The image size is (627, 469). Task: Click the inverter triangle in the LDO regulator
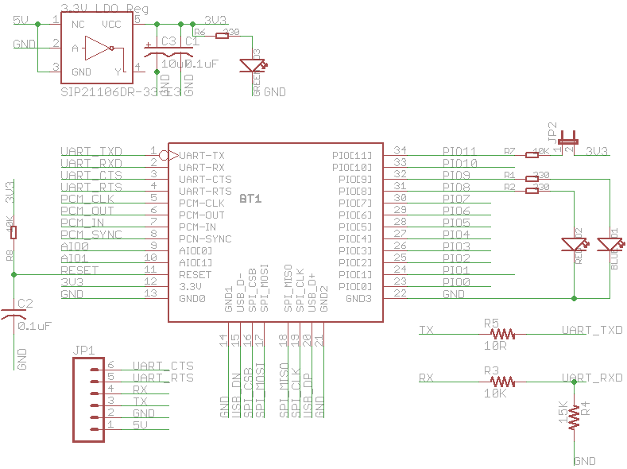pos(99,49)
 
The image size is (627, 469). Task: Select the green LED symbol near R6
pos(256,66)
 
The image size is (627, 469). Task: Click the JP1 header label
pos(83,349)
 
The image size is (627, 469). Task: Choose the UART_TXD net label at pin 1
pos(91,151)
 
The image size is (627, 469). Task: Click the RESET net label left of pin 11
pos(79,270)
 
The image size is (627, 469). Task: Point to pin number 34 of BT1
pos(401,150)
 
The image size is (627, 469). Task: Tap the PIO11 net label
pos(459,151)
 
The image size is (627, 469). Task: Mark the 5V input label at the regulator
pos(22,21)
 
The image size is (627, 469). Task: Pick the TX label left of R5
pos(426,330)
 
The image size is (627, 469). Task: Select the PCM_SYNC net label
pos(91,234)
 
